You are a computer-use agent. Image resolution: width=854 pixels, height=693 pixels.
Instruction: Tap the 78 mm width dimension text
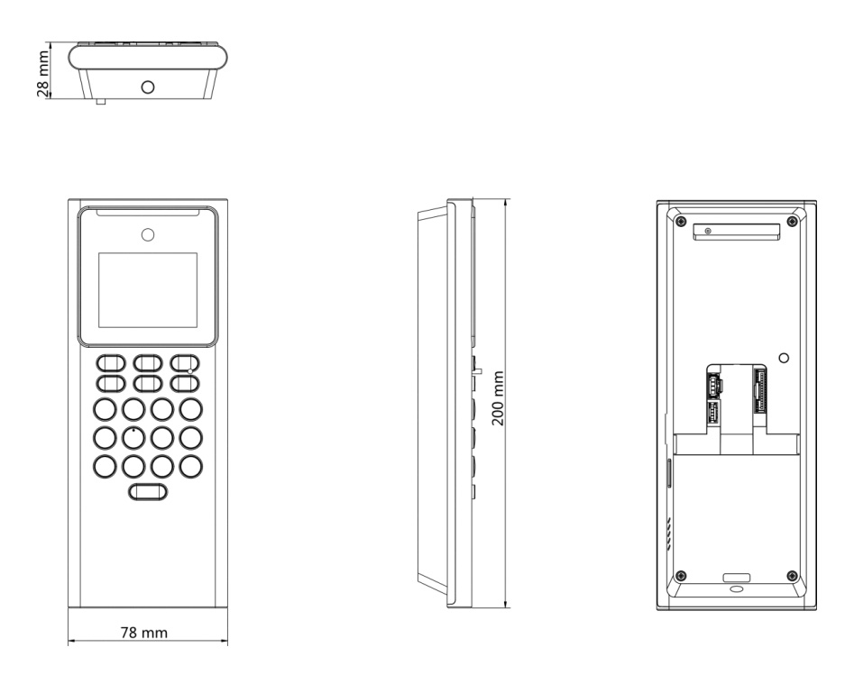click(x=147, y=632)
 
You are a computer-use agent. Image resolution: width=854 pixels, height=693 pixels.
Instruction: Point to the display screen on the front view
click(x=147, y=289)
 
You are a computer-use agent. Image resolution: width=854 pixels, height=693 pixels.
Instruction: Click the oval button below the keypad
click(x=148, y=492)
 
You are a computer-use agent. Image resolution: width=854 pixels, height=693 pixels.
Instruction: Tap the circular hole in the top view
click(x=148, y=86)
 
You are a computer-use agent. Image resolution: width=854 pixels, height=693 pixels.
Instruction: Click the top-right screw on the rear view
click(x=792, y=220)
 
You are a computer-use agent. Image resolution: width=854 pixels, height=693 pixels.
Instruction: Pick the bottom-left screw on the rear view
click(x=680, y=575)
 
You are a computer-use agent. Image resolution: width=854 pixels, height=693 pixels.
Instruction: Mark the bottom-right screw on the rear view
click(x=792, y=575)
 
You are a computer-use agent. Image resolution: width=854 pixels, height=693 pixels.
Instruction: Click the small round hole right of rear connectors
click(x=783, y=359)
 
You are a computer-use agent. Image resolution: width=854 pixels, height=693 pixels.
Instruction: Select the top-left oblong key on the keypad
click(x=109, y=363)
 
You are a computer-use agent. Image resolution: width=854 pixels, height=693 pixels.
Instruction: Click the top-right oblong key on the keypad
click(x=185, y=363)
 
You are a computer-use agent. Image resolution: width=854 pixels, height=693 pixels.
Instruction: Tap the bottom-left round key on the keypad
click(x=106, y=466)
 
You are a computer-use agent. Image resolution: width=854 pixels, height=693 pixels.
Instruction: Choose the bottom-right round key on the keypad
click(x=190, y=466)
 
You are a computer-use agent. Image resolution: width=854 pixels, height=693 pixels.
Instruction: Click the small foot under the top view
click(x=101, y=100)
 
